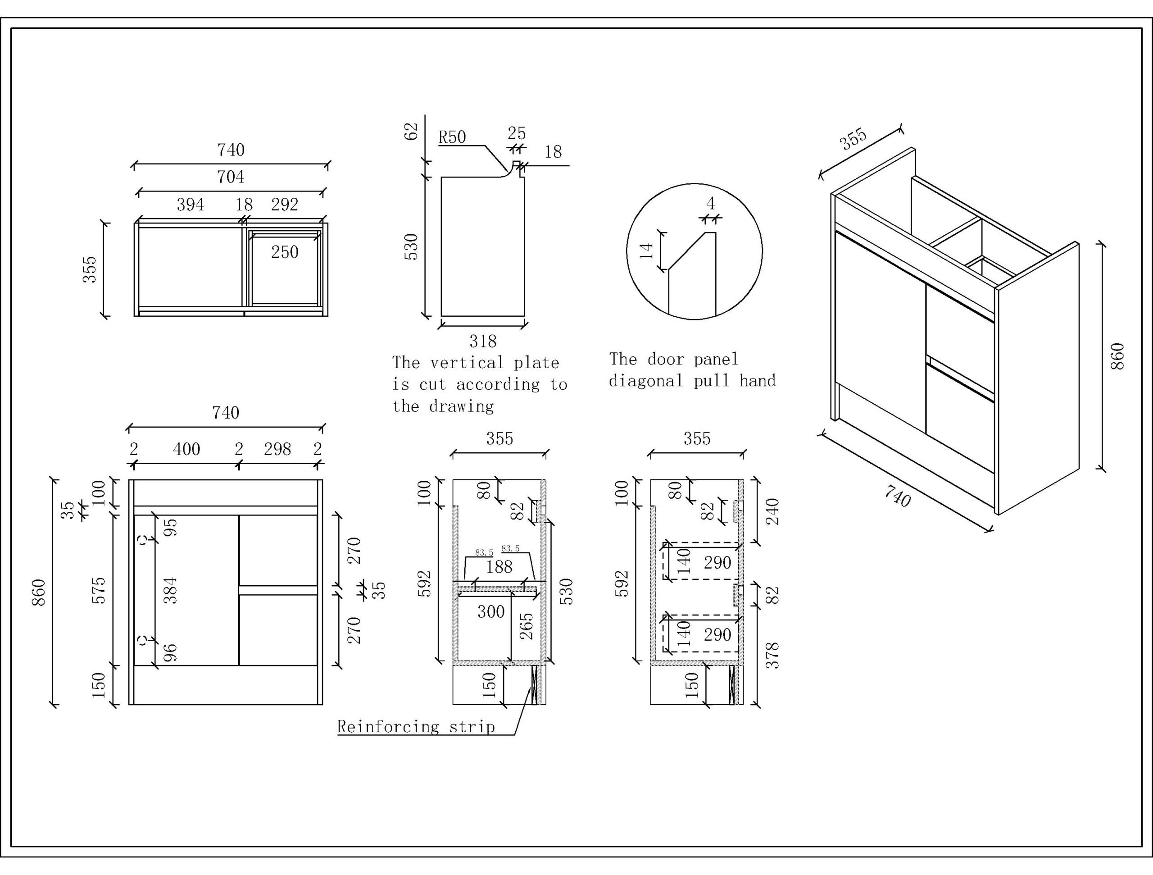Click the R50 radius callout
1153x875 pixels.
point(451,137)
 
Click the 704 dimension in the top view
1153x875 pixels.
point(231,177)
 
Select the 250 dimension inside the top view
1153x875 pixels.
point(285,252)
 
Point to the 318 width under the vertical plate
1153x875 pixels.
point(483,342)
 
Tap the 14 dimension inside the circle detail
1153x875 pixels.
point(646,251)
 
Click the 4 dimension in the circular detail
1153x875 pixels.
point(710,203)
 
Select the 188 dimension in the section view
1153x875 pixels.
point(499,567)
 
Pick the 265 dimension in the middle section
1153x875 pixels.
point(527,626)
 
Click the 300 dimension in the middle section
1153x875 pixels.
point(491,612)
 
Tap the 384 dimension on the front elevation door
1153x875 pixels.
point(170,590)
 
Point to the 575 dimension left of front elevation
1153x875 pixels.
point(99,590)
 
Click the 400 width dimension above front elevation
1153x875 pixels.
point(186,449)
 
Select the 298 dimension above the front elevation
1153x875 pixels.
point(277,449)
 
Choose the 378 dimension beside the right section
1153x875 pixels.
point(773,656)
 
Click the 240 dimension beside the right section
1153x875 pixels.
point(773,511)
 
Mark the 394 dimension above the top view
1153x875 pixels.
point(190,205)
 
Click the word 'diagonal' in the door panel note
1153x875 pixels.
point(646,381)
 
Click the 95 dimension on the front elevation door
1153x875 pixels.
point(170,527)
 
